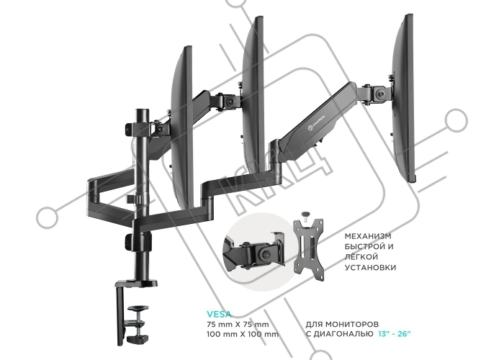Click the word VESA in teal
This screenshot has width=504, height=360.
[219, 314]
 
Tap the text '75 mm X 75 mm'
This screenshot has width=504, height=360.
[238, 324]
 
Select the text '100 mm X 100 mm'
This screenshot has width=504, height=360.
[243, 334]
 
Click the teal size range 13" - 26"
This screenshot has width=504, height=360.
[395, 334]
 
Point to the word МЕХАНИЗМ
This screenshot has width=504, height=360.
[368, 236]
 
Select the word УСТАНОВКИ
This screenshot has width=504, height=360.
[370, 267]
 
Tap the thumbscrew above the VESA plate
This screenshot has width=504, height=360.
[304, 215]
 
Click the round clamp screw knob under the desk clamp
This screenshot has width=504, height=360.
[138, 309]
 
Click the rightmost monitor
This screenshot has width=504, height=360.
[403, 98]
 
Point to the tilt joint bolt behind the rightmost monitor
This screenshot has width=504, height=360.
[381, 94]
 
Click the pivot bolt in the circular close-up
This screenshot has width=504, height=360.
[266, 254]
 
